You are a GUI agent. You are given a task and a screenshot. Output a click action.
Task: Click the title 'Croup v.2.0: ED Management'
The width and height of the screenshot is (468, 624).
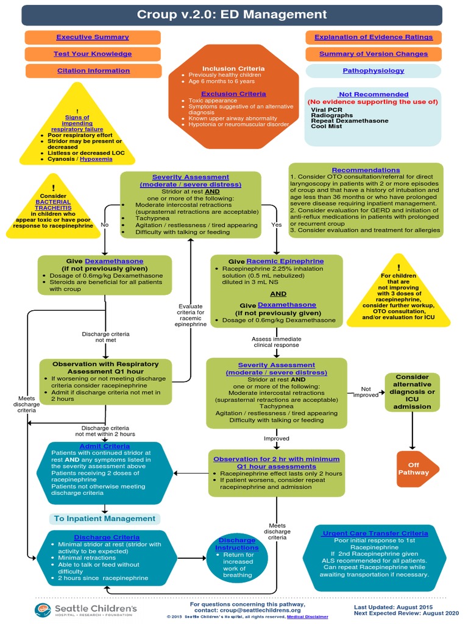[232, 15]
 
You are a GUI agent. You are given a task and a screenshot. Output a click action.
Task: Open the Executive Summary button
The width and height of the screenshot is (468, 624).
[93, 37]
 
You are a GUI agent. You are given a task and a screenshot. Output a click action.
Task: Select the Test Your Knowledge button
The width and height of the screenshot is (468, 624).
[93, 54]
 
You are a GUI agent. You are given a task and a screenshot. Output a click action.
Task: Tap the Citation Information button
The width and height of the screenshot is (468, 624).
[93, 71]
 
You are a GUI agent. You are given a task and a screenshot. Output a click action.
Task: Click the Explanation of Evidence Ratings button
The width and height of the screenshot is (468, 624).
[374, 37]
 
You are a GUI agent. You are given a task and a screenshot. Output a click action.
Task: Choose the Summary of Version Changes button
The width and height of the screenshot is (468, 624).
[374, 54]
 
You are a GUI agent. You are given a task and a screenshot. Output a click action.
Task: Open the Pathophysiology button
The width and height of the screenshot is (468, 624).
[374, 71]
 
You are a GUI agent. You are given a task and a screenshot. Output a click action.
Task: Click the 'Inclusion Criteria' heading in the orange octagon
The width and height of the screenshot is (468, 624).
[226, 68]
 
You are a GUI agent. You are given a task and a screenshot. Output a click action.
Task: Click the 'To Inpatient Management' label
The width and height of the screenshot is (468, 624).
[104, 519]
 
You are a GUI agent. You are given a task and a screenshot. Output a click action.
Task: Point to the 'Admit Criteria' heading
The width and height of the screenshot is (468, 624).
[104, 446]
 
